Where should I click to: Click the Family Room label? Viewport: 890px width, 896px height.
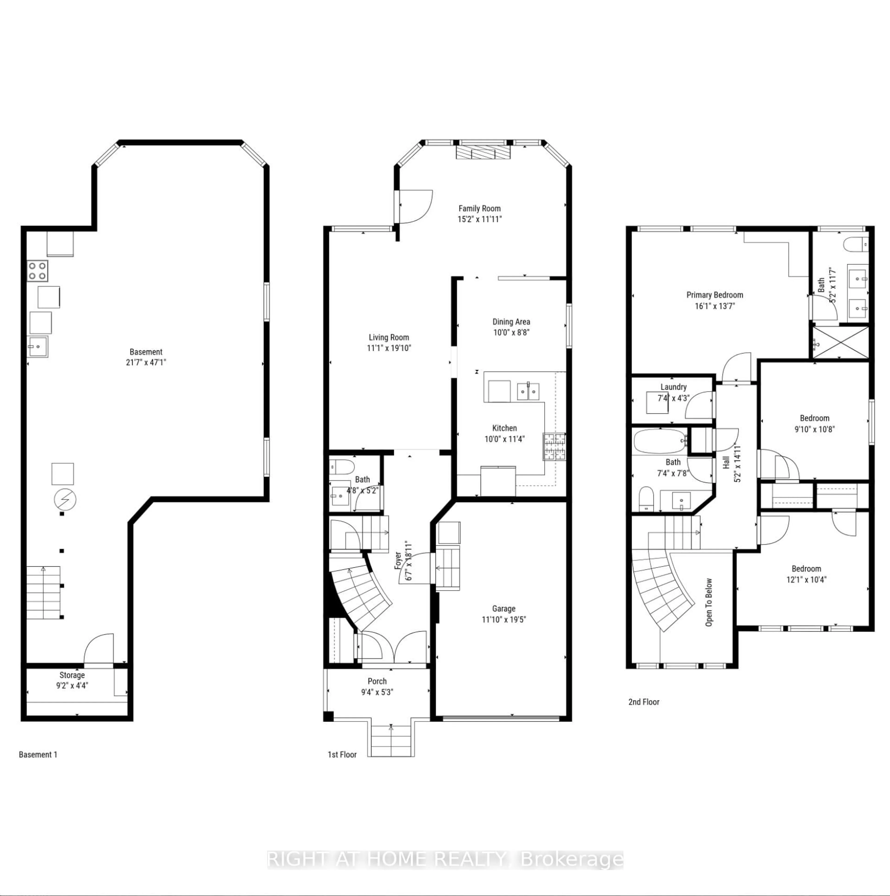point(480,209)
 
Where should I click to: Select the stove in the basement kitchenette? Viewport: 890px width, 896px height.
point(38,271)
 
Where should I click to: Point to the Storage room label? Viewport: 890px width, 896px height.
point(72,675)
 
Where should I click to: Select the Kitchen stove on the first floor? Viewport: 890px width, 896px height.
point(555,446)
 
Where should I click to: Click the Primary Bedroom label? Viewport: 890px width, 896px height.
point(715,295)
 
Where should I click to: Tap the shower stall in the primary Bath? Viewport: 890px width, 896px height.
point(840,342)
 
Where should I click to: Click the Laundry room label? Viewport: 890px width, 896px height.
point(674,387)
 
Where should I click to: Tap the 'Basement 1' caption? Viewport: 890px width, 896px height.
point(38,755)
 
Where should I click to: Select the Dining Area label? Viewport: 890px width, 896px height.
point(511,322)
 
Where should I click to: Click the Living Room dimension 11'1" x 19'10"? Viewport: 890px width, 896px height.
point(389,348)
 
